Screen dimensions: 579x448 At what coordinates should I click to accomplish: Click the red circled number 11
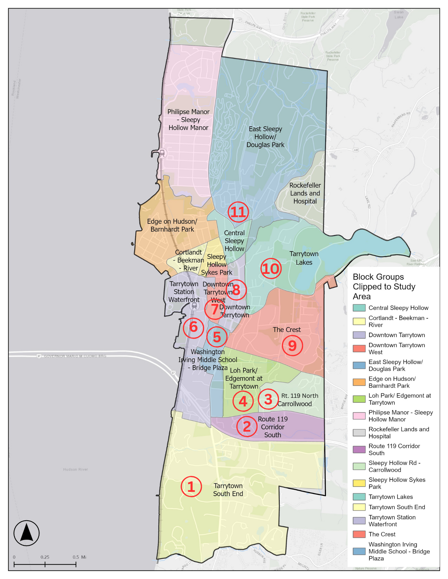[238, 212]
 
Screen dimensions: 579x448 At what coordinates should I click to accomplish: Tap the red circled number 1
[191, 487]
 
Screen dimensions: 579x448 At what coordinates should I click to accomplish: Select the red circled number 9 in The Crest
[292, 346]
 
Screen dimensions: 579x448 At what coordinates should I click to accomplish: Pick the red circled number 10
[271, 269]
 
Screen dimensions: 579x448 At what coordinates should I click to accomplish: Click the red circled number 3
[268, 399]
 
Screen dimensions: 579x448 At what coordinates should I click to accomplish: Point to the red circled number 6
[193, 328]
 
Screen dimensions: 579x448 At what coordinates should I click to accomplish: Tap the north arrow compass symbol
[26, 533]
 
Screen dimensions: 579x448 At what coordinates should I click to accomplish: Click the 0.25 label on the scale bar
[45, 557]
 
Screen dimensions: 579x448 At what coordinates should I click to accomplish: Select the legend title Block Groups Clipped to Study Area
[384, 286]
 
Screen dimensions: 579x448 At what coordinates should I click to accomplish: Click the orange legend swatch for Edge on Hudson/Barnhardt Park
[359, 382]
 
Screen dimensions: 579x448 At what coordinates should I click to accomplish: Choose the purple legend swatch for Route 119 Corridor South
[359, 450]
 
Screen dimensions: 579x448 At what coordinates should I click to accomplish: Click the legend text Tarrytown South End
[397, 507]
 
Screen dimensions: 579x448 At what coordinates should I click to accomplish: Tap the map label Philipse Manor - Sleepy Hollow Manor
[188, 120]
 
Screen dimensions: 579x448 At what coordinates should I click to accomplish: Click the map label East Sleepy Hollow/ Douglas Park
[265, 137]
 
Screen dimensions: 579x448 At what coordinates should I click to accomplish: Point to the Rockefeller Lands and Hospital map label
[305, 193]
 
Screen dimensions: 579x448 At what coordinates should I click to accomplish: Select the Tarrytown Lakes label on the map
[304, 258]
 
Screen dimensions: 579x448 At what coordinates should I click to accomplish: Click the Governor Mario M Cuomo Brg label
[75, 356]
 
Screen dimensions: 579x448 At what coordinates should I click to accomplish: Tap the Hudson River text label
[75, 469]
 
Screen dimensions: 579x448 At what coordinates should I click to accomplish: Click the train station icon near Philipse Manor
[162, 153]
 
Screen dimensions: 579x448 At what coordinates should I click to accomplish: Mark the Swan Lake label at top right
[399, 14]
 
